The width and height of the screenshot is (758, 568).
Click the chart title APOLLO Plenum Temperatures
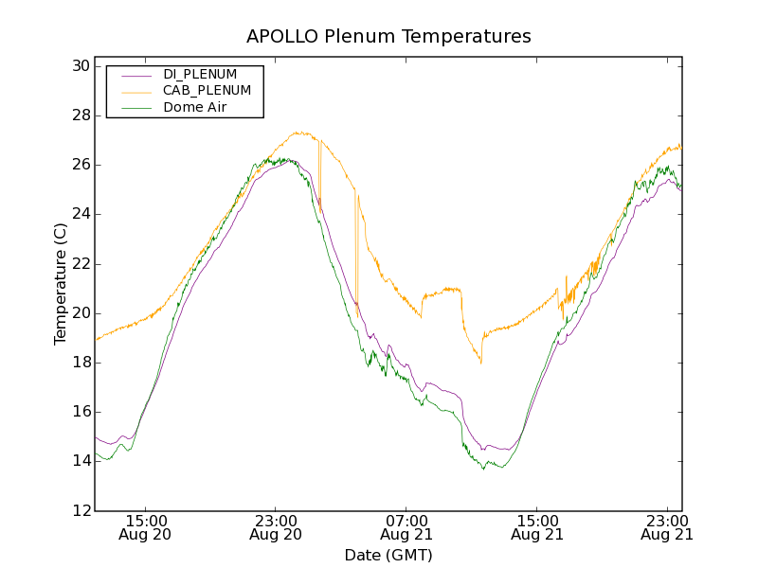tap(388, 37)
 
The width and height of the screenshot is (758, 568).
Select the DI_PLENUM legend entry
tap(200, 74)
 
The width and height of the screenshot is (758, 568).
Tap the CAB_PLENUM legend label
tap(207, 91)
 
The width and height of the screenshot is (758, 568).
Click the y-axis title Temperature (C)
tap(61, 284)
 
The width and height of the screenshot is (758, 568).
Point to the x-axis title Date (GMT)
tap(388, 555)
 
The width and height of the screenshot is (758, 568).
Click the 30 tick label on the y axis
tap(80, 66)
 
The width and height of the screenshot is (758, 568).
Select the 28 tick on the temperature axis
tap(80, 115)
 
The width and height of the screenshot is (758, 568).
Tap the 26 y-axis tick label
tap(80, 165)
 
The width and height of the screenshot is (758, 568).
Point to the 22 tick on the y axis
tap(80, 263)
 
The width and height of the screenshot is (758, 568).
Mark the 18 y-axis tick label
tap(80, 363)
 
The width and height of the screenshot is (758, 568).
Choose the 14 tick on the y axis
tap(80, 461)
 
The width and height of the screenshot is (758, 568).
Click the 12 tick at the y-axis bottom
tap(80, 510)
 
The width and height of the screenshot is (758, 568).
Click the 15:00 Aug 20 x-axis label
tap(146, 527)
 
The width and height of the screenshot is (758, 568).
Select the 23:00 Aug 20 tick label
tap(276, 527)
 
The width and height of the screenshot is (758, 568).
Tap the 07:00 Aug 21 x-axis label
tap(406, 527)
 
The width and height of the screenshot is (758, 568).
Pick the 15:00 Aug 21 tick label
tap(536, 527)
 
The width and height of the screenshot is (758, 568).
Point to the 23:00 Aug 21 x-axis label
tap(666, 527)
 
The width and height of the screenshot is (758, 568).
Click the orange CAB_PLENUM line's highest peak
tap(298, 133)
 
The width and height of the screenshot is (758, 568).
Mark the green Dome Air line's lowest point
tap(483, 469)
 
